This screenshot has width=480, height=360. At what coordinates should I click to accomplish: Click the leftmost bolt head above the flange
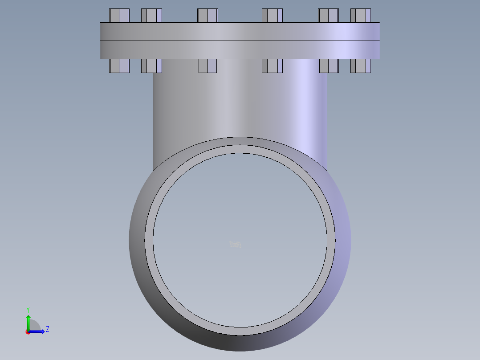[x=119, y=16]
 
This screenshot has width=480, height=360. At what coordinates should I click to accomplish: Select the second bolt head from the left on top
[x=151, y=16]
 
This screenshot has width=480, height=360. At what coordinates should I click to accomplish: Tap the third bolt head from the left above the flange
[x=207, y=16]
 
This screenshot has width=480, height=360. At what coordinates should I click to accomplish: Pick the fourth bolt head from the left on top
[x=272, y=16]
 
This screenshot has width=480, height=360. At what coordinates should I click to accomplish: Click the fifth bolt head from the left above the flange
[x=328, y=16]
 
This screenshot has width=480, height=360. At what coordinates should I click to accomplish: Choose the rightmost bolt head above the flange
[x=361, y=16]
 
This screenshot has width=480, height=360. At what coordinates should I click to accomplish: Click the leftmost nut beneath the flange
[x=119, y=66]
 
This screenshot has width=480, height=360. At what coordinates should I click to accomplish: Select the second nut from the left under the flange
[x=151, y=66]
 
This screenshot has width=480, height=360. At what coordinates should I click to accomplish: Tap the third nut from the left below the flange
[x=207, y=66]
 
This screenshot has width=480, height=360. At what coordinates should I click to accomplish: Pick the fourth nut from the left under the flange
[x=272, y=66]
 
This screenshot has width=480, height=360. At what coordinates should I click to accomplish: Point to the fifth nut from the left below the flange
[x=329, y=66]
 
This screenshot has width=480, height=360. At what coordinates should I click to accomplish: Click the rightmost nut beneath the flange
[x=361, y=66]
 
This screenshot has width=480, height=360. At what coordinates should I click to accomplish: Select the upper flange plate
[x=240, y=32]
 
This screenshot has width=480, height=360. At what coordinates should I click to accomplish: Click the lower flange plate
[x=240, y=50]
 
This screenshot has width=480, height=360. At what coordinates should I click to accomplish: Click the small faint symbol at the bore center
[x=236, y=244]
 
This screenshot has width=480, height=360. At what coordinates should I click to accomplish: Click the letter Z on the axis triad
[x=47, y=329]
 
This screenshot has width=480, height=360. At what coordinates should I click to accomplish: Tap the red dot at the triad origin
[x=28, y=332]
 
